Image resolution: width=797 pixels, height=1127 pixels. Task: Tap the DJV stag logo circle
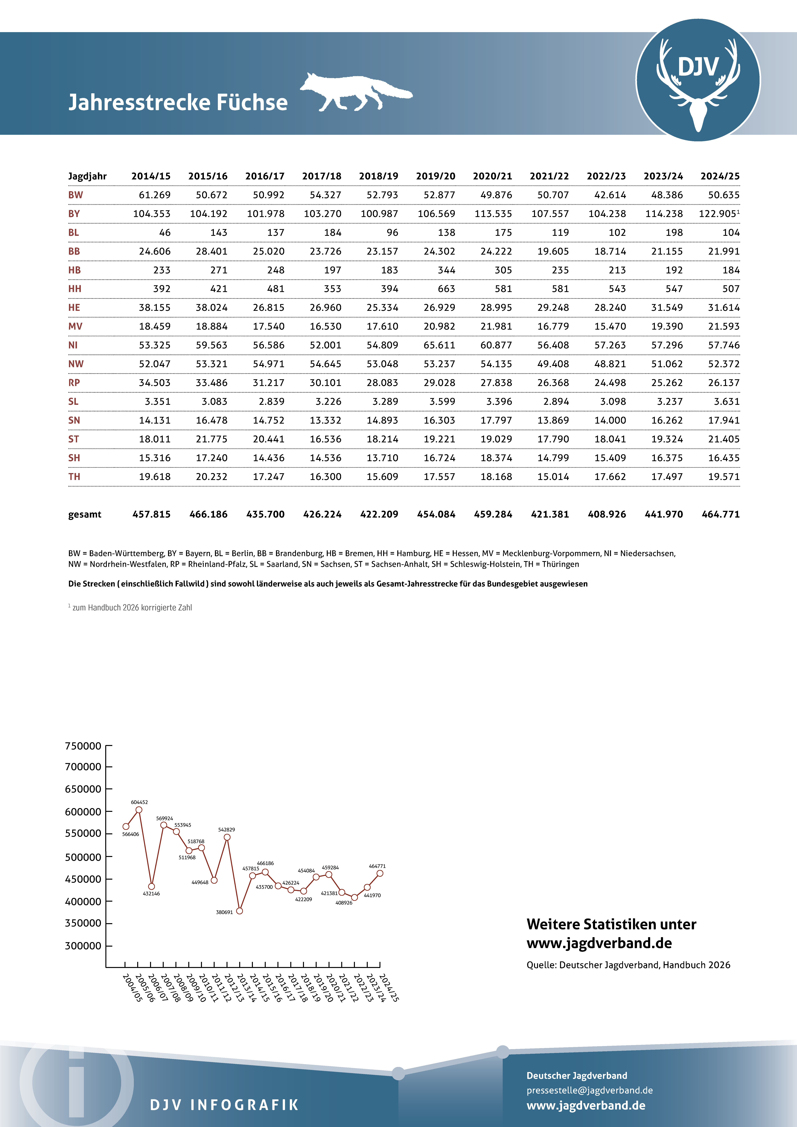698,80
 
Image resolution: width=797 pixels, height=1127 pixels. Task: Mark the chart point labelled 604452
139,810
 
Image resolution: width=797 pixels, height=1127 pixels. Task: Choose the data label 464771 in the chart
377,866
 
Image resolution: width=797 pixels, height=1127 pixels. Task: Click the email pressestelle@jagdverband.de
589,1090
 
